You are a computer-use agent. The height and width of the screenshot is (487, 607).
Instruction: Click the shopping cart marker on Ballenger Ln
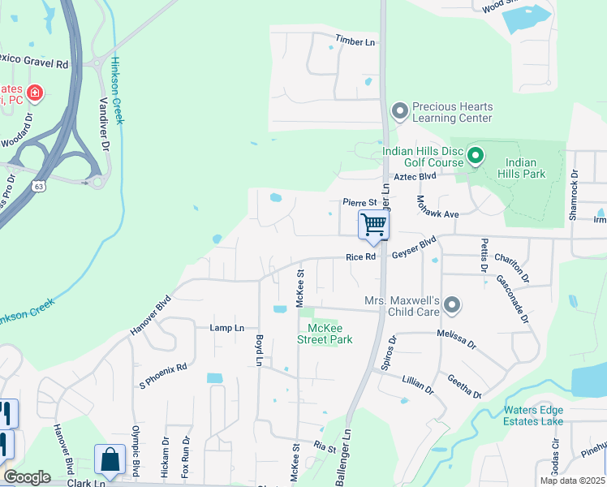(373, 225)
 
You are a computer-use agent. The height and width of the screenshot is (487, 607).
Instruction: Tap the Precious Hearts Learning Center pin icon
(398, 110)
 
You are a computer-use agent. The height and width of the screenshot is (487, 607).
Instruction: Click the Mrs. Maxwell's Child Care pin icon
(452, 306)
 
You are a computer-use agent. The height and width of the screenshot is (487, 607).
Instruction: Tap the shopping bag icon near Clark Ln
(109, 459)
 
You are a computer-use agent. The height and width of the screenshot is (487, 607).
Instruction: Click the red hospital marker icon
(34, 93)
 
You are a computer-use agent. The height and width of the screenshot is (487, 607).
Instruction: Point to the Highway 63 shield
(39, 185)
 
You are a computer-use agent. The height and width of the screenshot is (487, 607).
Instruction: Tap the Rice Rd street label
(360, 256)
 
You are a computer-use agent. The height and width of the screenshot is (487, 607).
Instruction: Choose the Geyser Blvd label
(414, 252)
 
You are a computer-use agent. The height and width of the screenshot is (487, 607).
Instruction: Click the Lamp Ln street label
(227, 328)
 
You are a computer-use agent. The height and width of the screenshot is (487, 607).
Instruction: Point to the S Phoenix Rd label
(163, 366)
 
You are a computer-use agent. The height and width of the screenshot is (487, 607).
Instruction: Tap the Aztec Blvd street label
(415, 176)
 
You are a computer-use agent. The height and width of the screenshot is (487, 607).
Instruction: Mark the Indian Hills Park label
(525, 168)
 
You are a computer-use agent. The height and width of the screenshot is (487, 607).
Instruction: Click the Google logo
(27, 477)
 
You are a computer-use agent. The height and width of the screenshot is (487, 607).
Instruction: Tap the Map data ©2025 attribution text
(571, 481)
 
